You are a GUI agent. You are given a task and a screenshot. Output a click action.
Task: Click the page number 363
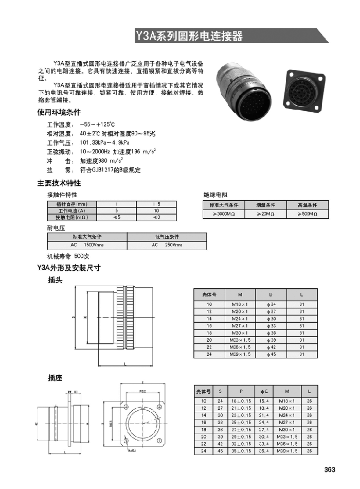(x=330, y=469)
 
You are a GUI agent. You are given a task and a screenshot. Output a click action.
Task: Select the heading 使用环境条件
(x=59, y=112)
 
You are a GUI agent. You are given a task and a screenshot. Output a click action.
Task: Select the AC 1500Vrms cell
(x=87, y=245)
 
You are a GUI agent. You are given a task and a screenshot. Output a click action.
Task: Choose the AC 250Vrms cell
(x=167, y=245)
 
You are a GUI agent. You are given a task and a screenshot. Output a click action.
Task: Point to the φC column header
(x=264, y=391)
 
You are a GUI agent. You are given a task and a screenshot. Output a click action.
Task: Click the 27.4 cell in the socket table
(x=264, y=429)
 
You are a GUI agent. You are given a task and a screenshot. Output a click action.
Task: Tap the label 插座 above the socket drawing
(x=55, y=378)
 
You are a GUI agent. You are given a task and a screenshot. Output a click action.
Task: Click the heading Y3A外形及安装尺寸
(x=69, y=268)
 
